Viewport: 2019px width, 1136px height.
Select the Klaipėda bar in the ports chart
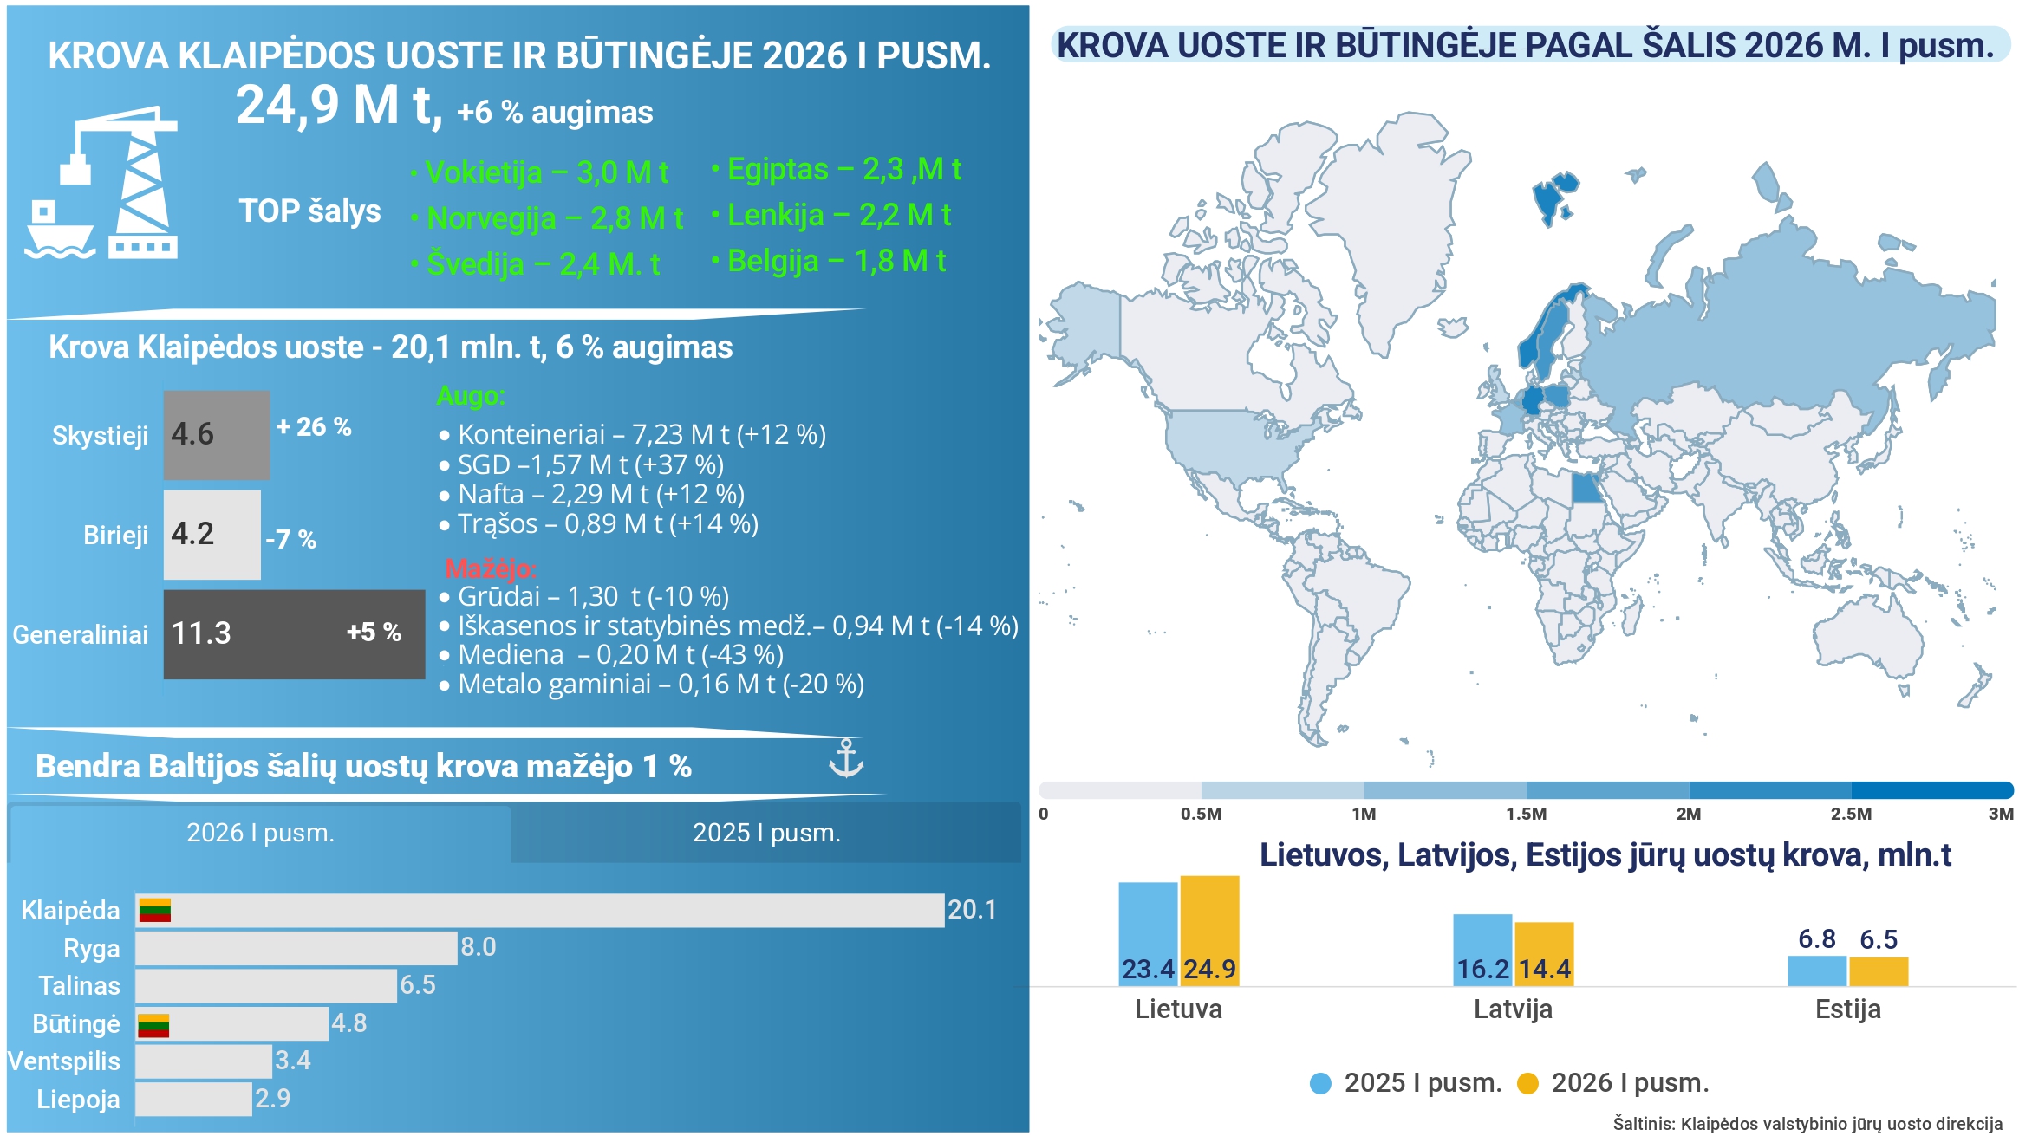tap(540, 910)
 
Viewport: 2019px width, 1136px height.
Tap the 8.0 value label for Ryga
tap(479, 946)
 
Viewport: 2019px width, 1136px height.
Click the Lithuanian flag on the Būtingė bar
tap(153, 1025)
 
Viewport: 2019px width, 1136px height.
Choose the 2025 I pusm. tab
tap(766, 833)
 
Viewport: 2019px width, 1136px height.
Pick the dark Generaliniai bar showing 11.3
tap(294, 634)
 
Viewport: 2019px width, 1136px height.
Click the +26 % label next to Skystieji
tap(314, 426)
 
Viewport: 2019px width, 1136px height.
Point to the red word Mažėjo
tap(491, 568)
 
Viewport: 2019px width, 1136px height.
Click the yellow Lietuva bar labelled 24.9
tap(1209, 931)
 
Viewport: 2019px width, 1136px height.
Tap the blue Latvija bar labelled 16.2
tap(1482, 950)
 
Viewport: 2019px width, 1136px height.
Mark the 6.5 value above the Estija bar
tap(1879, 939)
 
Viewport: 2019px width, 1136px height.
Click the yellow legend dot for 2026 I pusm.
tap(1527, 1083)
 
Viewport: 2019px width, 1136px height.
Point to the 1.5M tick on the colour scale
tap(1527, 814)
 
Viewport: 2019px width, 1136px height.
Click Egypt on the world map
tap(1587, 489)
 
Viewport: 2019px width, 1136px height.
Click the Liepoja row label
tap(78, 1100)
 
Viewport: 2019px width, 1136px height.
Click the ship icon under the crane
tap(59, 230)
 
